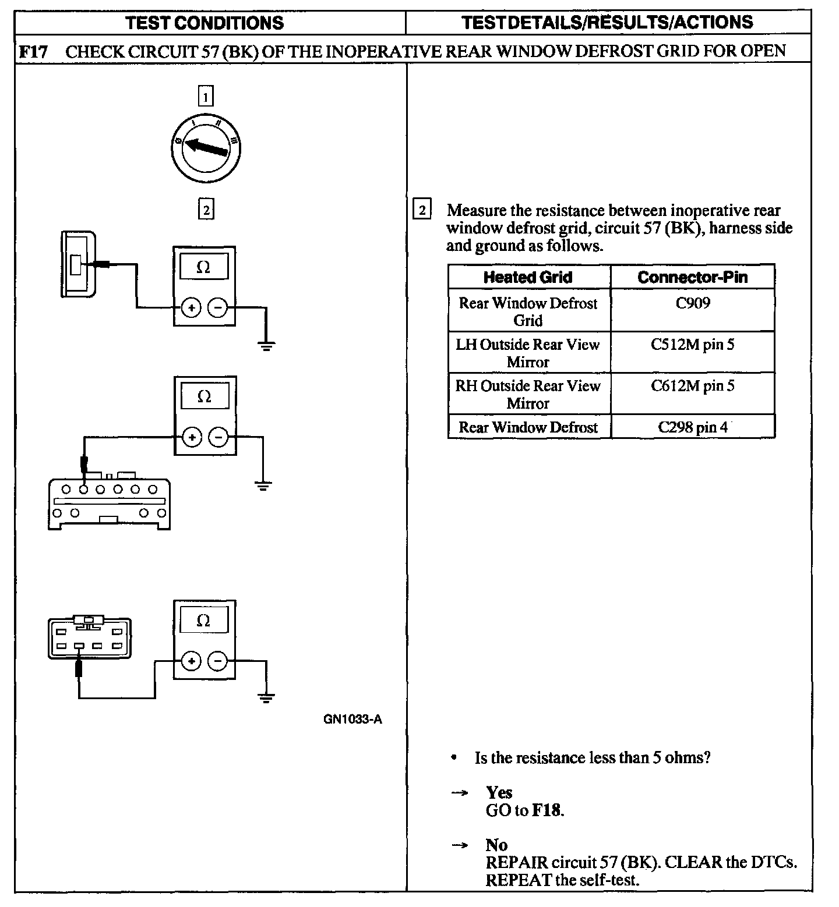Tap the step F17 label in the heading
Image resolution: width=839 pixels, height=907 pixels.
[33, 51]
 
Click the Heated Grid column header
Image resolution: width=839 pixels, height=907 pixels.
[528, 277]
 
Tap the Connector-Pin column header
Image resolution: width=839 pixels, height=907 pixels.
[693, 277]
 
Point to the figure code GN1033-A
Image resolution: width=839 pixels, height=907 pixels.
[352, 719]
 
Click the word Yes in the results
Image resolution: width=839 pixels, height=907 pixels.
[499, 792]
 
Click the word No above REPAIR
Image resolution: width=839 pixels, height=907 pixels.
[496, 845]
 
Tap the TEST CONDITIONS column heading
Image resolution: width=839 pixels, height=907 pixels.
[205, 23]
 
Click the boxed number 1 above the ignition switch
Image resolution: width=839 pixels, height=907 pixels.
[206, 96]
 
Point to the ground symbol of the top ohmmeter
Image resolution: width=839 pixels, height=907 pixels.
[266, 347]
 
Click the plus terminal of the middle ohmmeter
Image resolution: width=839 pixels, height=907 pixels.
[192, 437]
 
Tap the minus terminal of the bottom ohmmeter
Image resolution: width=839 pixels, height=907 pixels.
[217, 661]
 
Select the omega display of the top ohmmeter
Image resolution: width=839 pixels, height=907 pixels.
[204, 267]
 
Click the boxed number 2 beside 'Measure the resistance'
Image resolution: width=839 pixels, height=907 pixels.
[422, 210]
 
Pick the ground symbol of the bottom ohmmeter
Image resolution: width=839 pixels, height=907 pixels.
[266, 698]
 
